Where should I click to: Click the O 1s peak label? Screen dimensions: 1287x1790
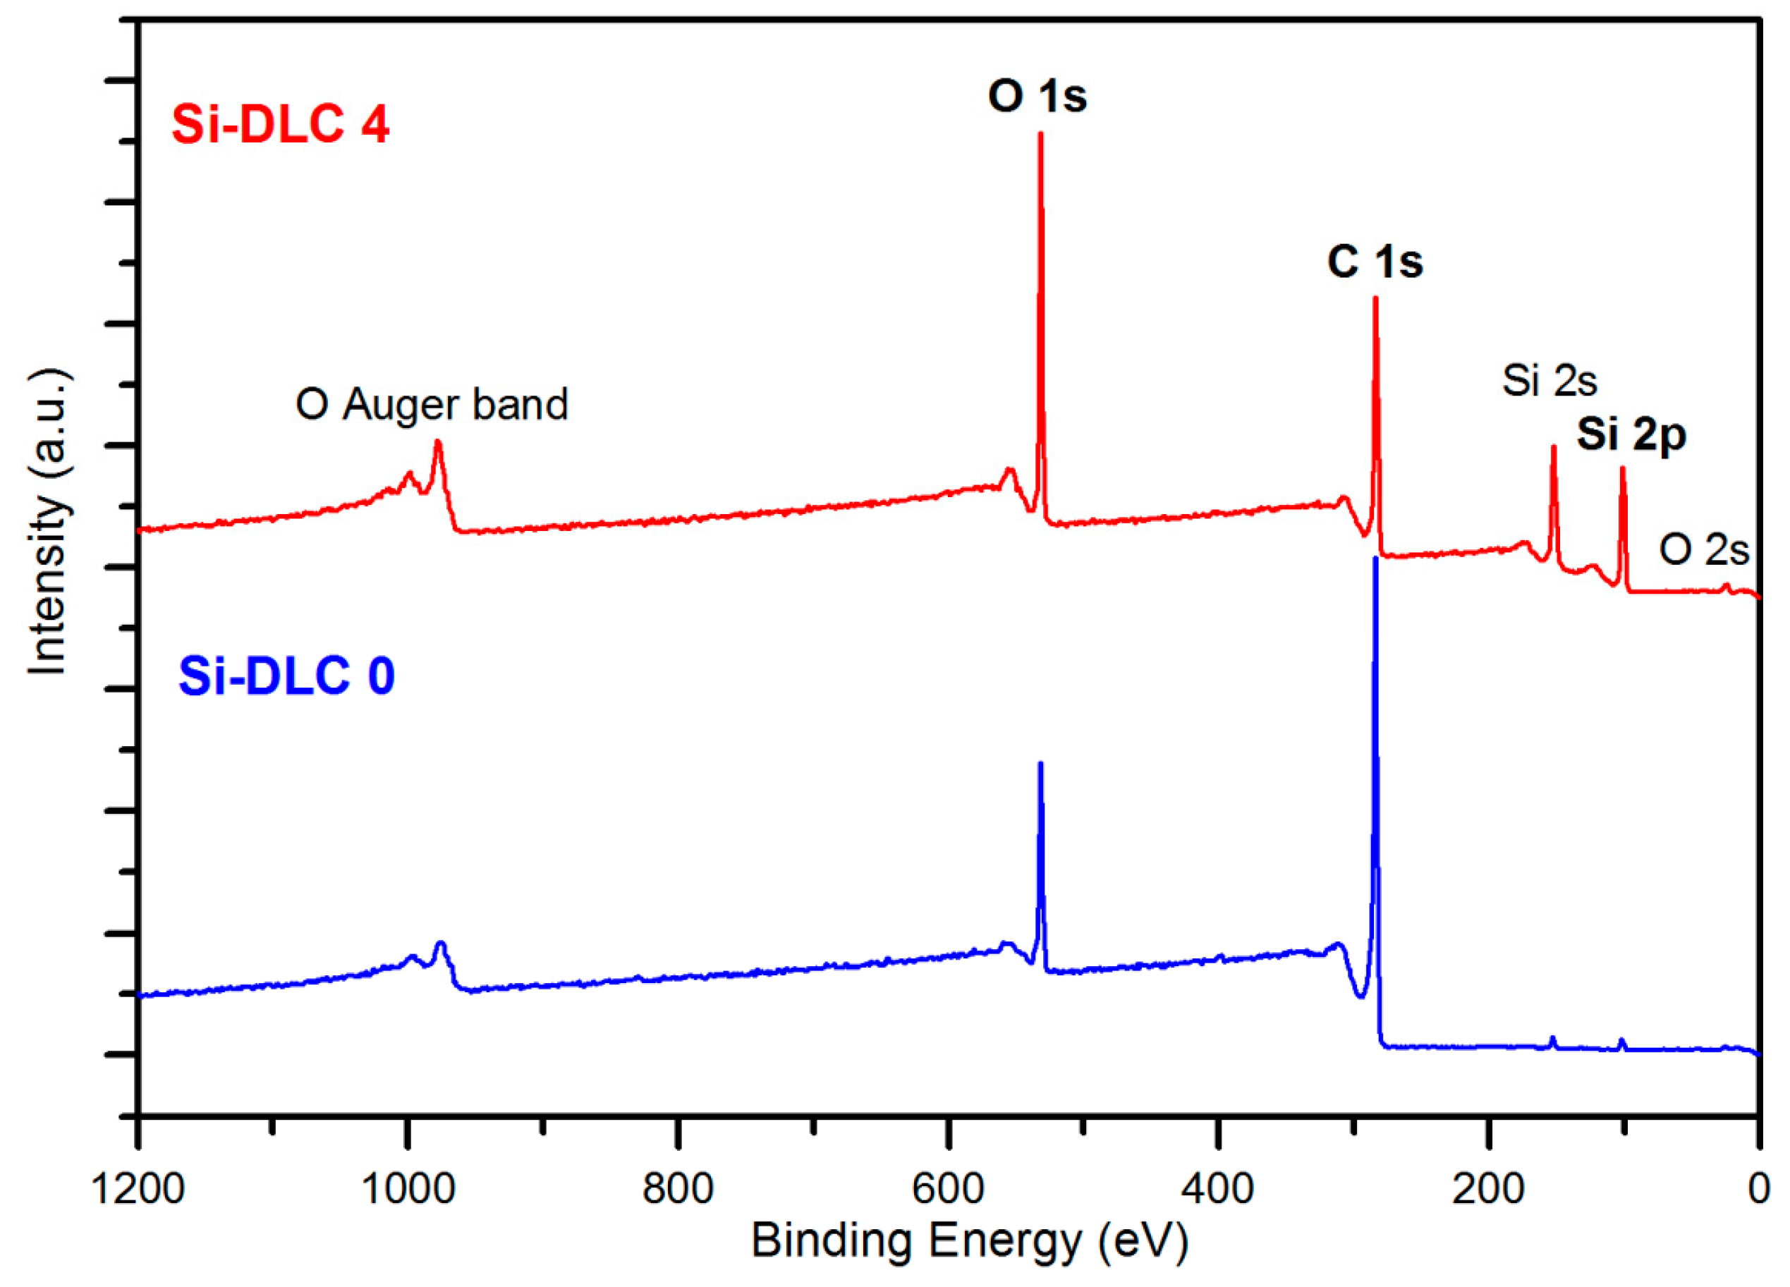click(1037, 97)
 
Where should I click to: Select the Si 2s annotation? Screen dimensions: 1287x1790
click(1549, 380)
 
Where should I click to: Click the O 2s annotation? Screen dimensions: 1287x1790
click(1704, 549)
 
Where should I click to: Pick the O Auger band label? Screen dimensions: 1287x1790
click(432, 405)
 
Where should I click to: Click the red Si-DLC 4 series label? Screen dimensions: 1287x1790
click(280, 125)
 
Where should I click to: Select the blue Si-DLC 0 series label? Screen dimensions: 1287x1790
click(286, 676)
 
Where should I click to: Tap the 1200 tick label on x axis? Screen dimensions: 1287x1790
click(139, 1189)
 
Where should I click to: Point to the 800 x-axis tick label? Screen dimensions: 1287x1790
click(678, 1189)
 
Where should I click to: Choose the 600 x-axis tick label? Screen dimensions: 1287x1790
click(949, 1189)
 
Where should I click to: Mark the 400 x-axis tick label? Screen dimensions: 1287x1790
click(1219, 1189)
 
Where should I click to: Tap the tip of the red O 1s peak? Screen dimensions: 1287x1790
click(1040, 133)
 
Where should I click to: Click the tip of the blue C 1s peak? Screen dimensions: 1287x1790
click(1375, 559)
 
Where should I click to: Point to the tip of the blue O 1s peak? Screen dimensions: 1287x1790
click(1040, 764)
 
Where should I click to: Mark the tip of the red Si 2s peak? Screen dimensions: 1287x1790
click(1553, 446)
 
